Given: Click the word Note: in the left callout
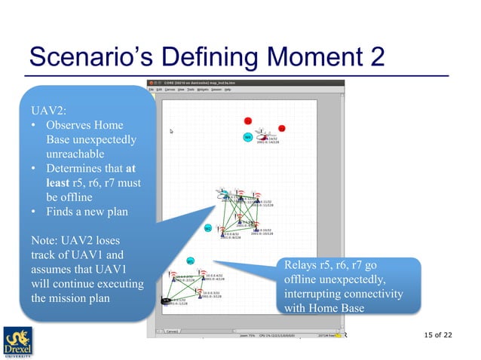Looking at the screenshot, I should point(44,240).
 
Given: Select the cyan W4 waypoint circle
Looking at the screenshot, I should point(247,137).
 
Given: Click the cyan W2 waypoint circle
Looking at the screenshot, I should point(208,228).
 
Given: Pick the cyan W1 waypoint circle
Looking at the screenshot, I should point(191,261).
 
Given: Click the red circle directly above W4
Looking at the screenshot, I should point(247,121).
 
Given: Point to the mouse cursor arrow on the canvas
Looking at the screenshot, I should point(172,131).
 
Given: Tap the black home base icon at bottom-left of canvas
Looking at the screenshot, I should point(166,301).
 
